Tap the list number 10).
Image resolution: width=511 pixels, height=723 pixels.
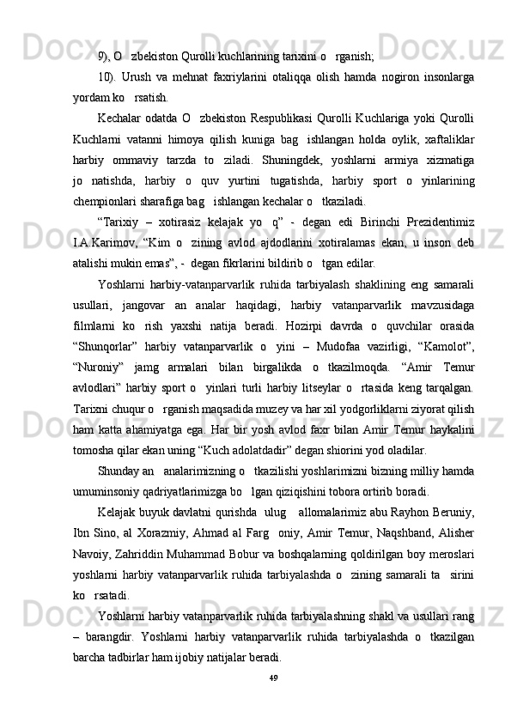(x=109, y=77)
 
